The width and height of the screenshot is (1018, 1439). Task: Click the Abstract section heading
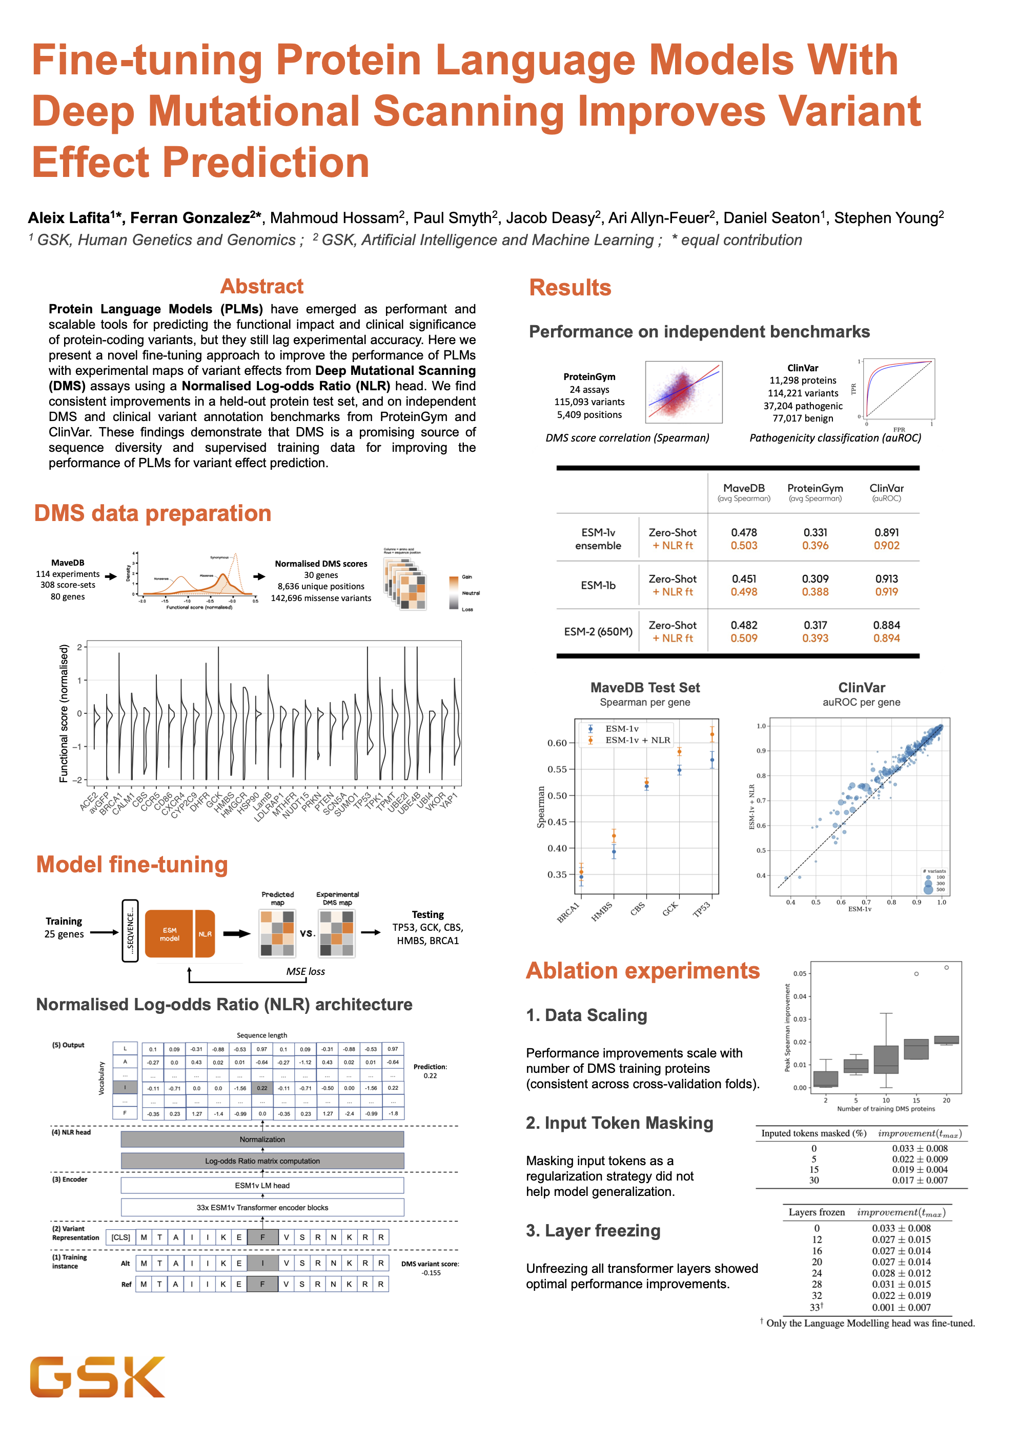tap(261, 287)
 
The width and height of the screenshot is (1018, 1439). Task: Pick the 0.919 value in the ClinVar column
tap(886, 592)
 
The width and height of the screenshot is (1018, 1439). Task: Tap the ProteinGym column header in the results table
tap(815, 488)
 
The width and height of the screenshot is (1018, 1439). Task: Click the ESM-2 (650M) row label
tap(598, 631)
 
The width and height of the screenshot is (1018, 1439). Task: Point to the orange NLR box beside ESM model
tap(205, 934)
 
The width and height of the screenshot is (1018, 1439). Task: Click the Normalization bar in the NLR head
tap(262, 1140)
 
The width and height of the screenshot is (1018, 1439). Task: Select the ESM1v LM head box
tap(262, 1185)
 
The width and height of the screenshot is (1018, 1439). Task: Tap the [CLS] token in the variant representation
tap(121, 1237)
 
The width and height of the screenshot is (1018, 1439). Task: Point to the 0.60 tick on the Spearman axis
tap(557, 743)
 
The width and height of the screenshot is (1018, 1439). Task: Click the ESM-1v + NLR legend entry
tap(637, 741)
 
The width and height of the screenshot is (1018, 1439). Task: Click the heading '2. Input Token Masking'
tap(619, 1123)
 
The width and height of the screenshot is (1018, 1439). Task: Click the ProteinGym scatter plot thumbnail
tap(683, 392)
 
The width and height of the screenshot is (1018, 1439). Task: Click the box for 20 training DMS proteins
tap(946, 1040)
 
